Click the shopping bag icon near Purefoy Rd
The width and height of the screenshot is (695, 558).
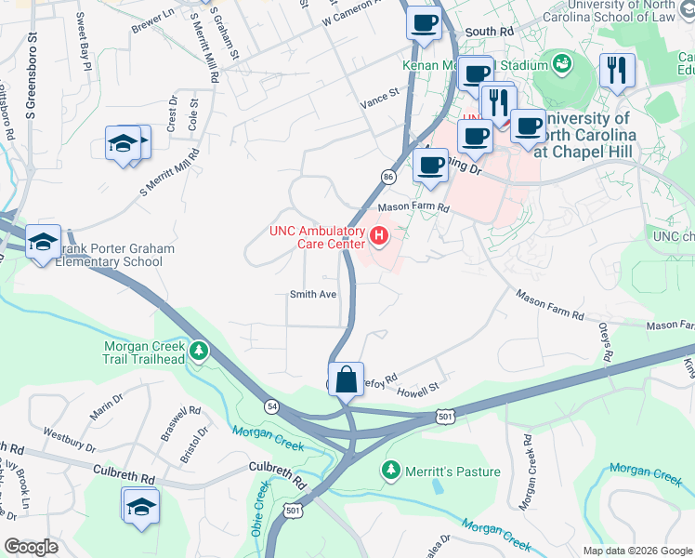346,380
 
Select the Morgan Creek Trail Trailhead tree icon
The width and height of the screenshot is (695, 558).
198,351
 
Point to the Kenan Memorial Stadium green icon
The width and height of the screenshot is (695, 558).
561,63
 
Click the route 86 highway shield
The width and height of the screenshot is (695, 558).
388,176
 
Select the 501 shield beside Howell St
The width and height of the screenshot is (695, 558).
446,417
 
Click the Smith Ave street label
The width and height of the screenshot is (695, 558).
312,294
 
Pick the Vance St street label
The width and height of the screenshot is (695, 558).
379,93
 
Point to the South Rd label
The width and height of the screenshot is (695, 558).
489,32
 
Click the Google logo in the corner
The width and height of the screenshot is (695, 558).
30,547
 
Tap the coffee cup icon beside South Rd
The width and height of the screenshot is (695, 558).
424,22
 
